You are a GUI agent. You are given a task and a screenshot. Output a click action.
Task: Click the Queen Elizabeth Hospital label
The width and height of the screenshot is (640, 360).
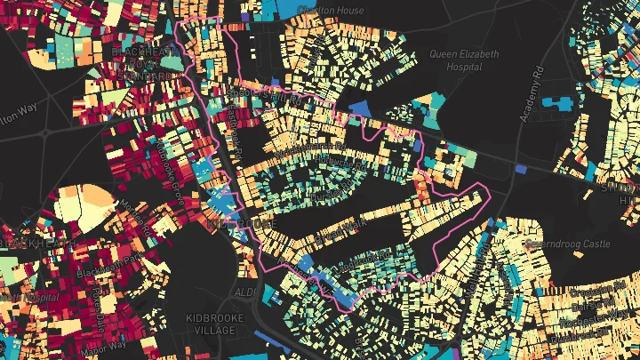pos(464,60)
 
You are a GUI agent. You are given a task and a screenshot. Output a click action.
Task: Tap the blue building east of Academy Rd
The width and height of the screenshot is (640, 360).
pos(559,101)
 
